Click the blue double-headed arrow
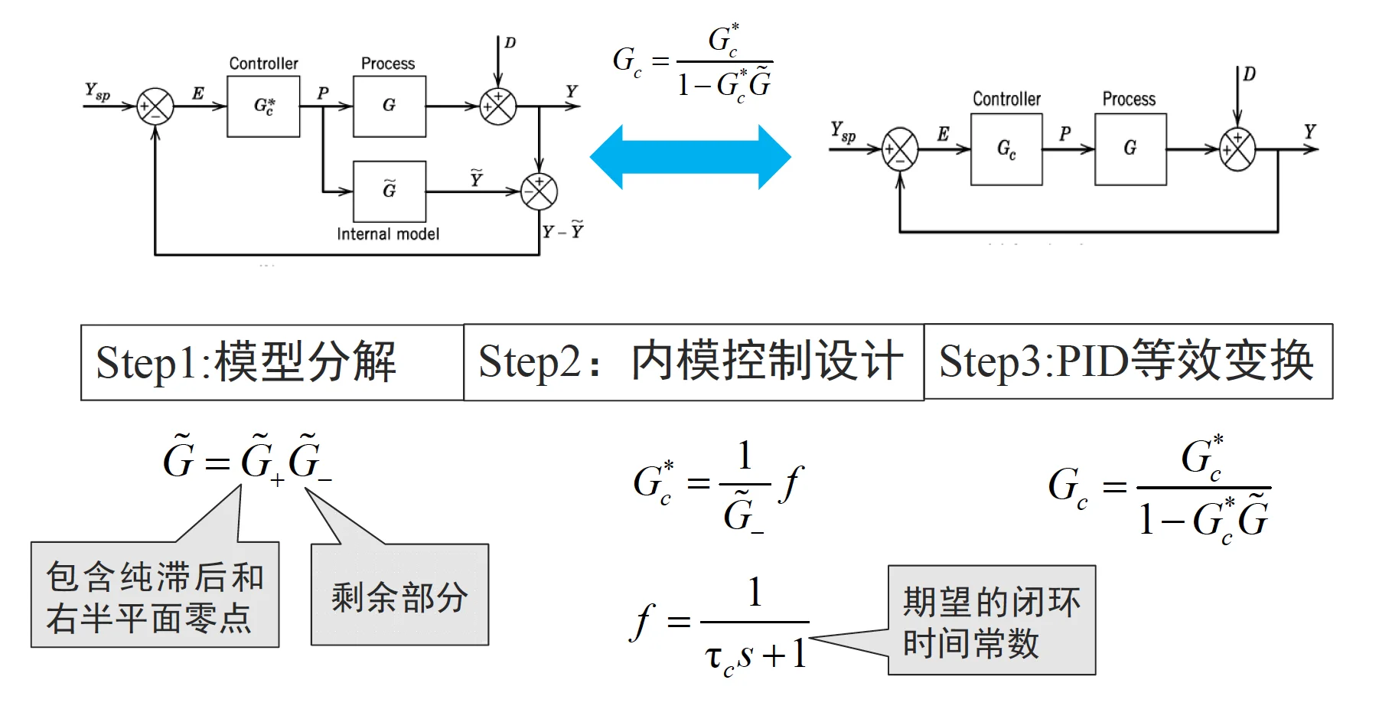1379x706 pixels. [x=690, y=157]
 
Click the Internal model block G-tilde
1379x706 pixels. [x=390, y=191]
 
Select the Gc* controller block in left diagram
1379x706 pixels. [x=263, y=106]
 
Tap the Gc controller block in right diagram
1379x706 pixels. [x=1006, y=149]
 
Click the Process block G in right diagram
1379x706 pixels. [x=1130, y=149]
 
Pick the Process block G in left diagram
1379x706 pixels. [x=390, y=106]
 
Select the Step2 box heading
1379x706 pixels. [x=693, y=362]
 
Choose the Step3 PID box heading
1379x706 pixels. [x=1128, y=361]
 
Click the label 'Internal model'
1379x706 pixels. [x=388, y=234]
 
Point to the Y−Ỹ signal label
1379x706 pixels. [x=563, y=231]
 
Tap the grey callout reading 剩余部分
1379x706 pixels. [x=399, y=596]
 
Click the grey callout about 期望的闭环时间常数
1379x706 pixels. [x=992, y=621]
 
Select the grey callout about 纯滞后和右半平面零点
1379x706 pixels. [x=155, y=596]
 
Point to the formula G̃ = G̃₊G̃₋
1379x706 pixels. [x=247, y=460]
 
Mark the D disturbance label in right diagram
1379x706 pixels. [x=1249, y=74]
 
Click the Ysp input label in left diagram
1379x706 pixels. [x=97, y=92]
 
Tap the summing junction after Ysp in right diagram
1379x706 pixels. [x=900, y=149]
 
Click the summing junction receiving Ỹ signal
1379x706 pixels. [x=539, y=191]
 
